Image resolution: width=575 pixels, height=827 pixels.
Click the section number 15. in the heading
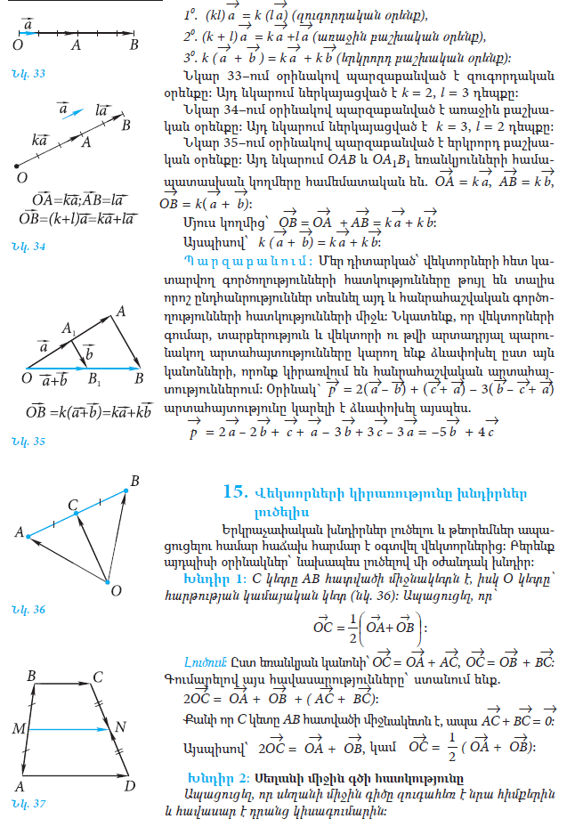pyautogui.click(x=234, y=491)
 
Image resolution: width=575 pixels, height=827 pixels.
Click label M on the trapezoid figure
pyautogui.click(x=18, y=730)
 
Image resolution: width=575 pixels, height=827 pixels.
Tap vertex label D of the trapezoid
pyautogui.click(x=131, y=786)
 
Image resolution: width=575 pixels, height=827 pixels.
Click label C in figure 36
pyautogui.click(x=74, y=505)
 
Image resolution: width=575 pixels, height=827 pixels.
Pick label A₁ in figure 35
pyautogui.click(x=66, y=329)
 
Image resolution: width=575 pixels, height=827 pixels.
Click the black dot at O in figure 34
pyautogui.click(x=15, y=166)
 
